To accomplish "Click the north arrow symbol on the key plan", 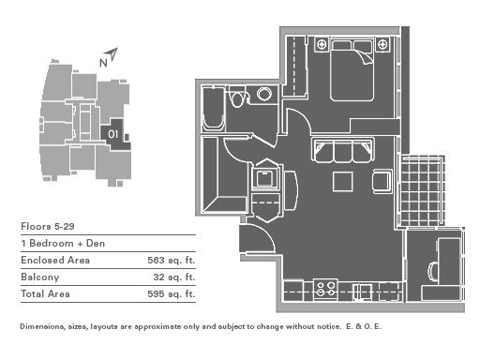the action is coord(112,54).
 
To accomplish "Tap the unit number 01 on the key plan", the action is coord(112,134).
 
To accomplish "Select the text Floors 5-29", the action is coord(48,226).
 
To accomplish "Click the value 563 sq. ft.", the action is coord(171,260).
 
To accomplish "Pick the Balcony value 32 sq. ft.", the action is coord(173,277).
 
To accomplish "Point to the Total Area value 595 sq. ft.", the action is coord(171,293).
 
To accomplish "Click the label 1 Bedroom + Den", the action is coord(63,243).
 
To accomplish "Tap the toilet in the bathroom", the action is coord(237,97).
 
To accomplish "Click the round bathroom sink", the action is coord(264,94).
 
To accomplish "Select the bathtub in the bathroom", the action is coord(214,109).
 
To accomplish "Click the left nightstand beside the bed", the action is coord(322,44).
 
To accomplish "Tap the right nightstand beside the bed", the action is coord(382,44).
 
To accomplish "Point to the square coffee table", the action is coord(343,181).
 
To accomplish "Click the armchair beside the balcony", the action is coord(382,181).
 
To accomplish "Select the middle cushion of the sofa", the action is coord(343,151).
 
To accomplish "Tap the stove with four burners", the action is coord(325,290).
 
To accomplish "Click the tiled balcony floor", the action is coord(422,190).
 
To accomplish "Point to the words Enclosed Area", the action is coord(55,260).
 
